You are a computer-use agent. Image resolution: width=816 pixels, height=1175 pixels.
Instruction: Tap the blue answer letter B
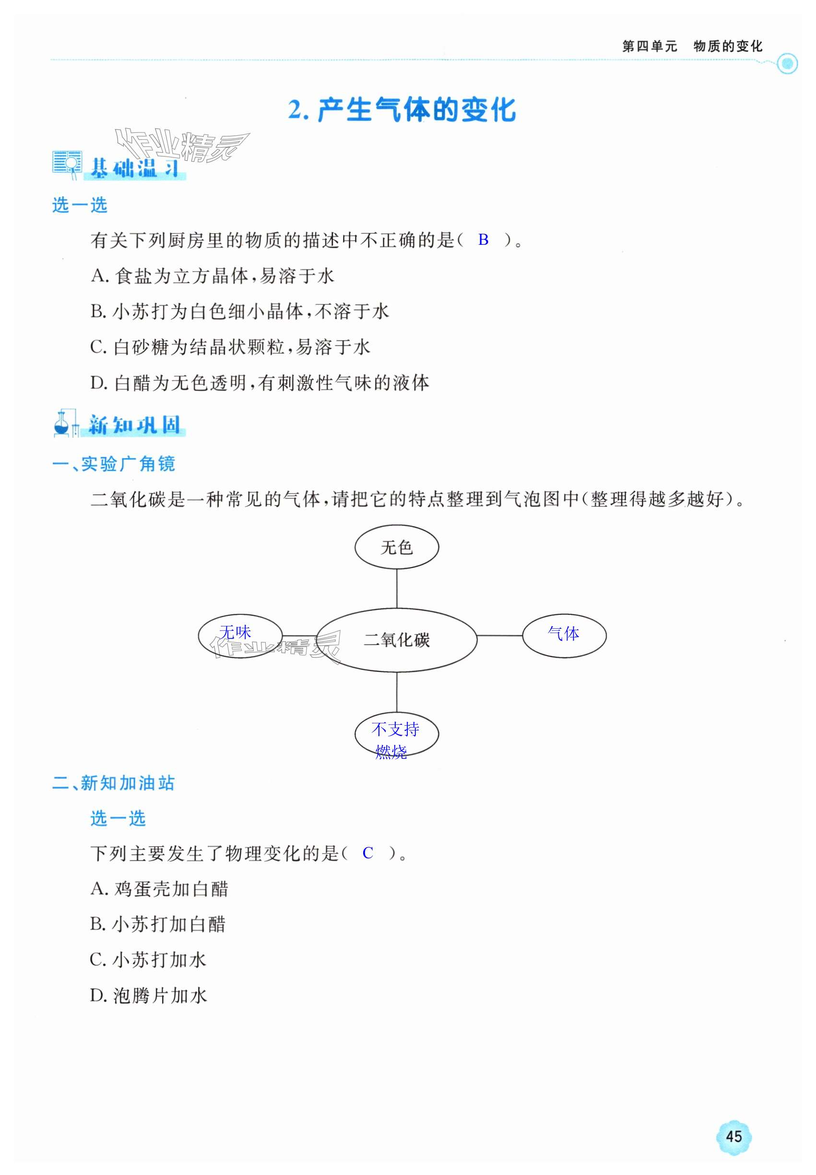point(483,240)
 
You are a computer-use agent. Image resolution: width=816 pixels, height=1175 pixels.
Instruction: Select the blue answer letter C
point(367,853)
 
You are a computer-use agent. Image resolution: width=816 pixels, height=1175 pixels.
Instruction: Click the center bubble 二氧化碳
point(396,639)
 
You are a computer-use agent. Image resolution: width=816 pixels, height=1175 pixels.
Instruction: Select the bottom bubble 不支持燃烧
point(396,734)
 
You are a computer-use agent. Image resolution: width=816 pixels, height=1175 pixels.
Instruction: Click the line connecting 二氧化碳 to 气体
point(499,635)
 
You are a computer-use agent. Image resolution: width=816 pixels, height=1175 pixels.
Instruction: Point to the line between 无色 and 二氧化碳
point(397,588)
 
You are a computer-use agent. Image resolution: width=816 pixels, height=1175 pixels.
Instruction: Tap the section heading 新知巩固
point(134,425)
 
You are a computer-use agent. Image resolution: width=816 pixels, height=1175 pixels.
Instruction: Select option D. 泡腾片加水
point(148,995)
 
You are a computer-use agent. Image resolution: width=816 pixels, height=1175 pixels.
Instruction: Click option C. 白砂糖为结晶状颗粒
point(230,347)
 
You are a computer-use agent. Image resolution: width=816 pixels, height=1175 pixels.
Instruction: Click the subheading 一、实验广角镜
point(114,464)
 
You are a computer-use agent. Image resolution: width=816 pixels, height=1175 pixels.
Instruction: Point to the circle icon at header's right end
point(787,64)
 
